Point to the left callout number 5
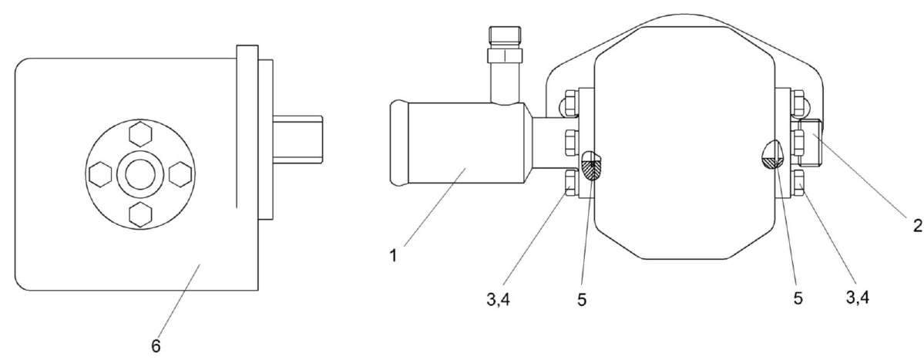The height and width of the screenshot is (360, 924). (x=582, y=299)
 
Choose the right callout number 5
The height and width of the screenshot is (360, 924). (x=798, y=298)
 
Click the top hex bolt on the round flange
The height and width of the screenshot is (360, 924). (x=140, y=134)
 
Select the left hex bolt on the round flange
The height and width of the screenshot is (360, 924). (x=101, y=174)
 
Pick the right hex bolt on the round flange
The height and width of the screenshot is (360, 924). (x=180, y=174)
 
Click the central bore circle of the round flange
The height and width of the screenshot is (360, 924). (x=140, y=174)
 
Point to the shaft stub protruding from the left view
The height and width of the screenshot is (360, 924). (x=297, y=139)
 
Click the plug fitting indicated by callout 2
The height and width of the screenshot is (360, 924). (x=811, y=141)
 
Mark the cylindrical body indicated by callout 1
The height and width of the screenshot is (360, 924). (x=459, y=141)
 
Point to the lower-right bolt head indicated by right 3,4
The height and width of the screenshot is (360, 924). (x=798, y=181)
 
